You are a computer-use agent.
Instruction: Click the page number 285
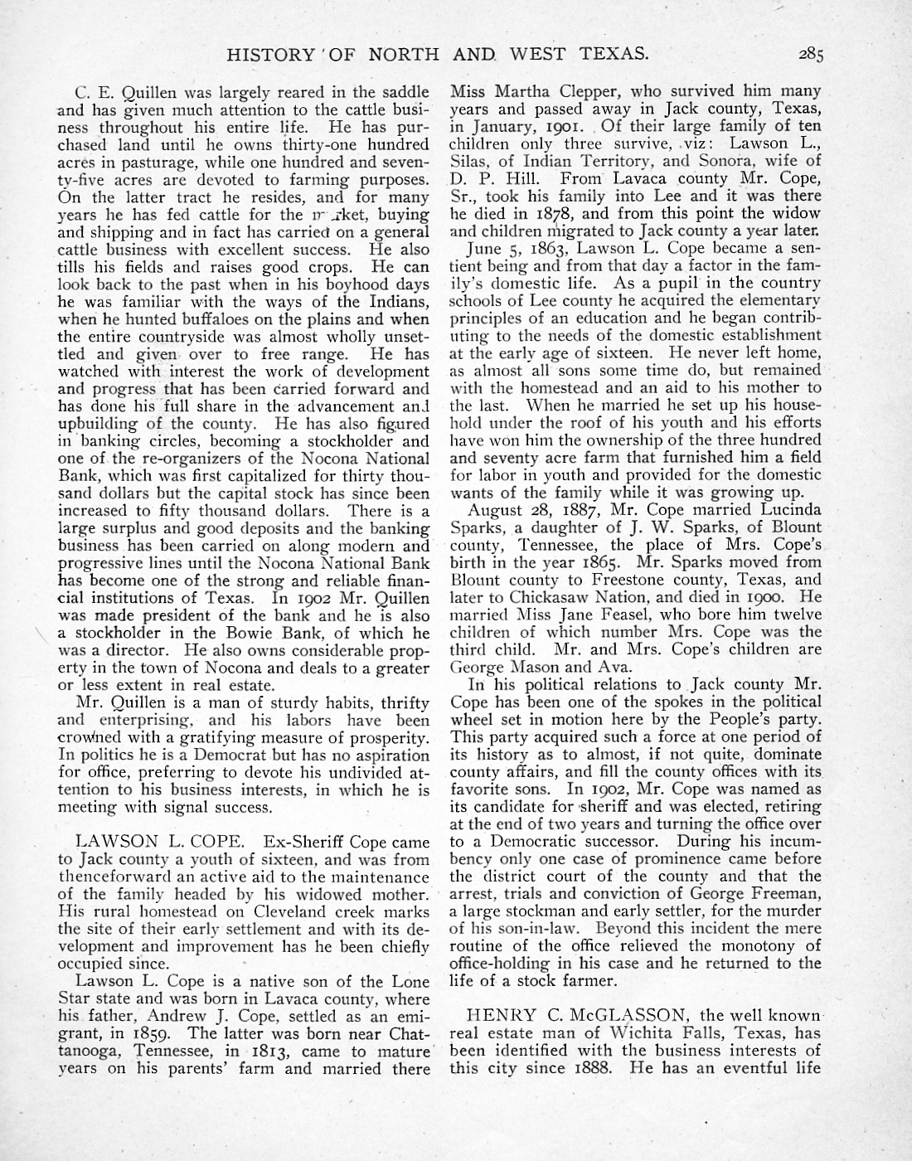click(810, 56)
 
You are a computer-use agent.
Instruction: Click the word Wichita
click(630, 1033)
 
